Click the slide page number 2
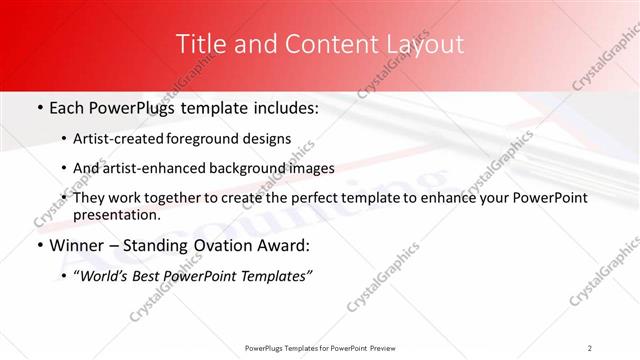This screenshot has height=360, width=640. [590, 348]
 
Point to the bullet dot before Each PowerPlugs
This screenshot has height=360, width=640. [39, 107]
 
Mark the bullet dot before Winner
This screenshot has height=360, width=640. [39, 244]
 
